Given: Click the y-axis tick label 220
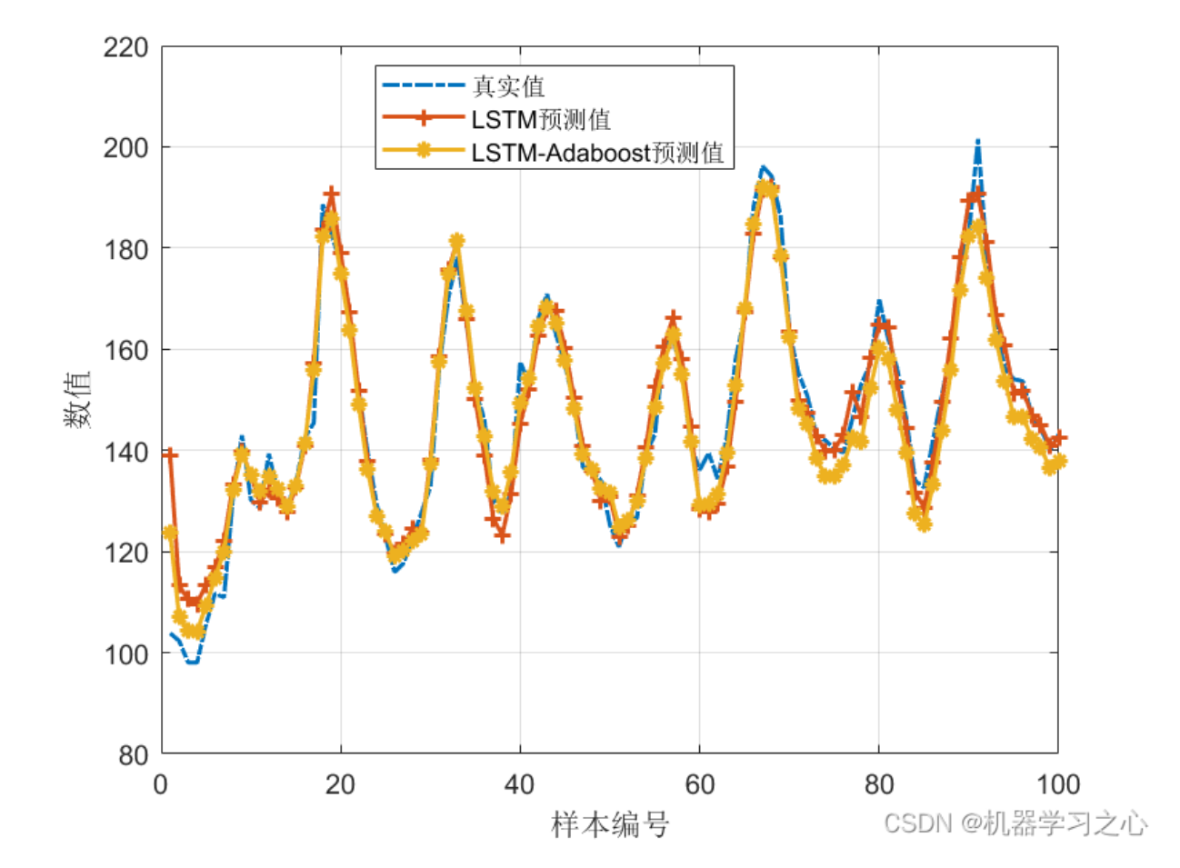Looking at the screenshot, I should [125, 47].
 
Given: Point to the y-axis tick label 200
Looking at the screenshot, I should [125, 148].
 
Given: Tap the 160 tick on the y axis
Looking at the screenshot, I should [125, 350].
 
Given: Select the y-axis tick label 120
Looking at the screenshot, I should [125, 553].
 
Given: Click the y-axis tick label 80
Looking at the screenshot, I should [132, 754].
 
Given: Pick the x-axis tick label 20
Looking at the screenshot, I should [340, 784].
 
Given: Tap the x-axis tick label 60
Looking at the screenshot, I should [699, 784].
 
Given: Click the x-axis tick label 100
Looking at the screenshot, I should [1057, 784].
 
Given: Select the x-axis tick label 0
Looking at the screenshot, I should [161, 784].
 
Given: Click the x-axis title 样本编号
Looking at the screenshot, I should [610, 825].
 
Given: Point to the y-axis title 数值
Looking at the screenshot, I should [77, 400].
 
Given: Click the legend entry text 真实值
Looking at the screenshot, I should [508, 86].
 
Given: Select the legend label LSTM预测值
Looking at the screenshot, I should [540, 119].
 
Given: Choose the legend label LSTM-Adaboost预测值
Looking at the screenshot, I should [596, 152].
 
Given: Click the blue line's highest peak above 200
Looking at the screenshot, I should [977, 143].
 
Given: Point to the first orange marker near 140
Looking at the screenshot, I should [170, 454].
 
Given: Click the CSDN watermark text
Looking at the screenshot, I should [1015, 823].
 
